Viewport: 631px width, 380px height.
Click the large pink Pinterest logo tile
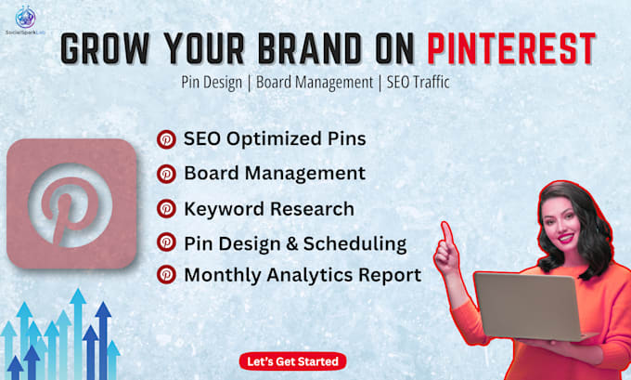pos(71,204)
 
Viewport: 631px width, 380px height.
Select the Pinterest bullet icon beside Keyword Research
pos(167,209)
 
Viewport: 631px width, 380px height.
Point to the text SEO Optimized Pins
pos(275,138)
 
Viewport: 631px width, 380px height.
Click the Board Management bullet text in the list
pos(274,173)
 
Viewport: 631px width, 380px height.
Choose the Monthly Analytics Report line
pos(303,275)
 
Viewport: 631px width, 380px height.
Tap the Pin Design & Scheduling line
pos(295,243)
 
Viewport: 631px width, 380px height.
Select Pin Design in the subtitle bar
pos(215,82)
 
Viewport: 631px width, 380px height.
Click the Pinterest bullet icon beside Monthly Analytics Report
pos(167,275)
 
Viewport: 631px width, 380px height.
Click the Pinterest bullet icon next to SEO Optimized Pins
pos(167,139)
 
